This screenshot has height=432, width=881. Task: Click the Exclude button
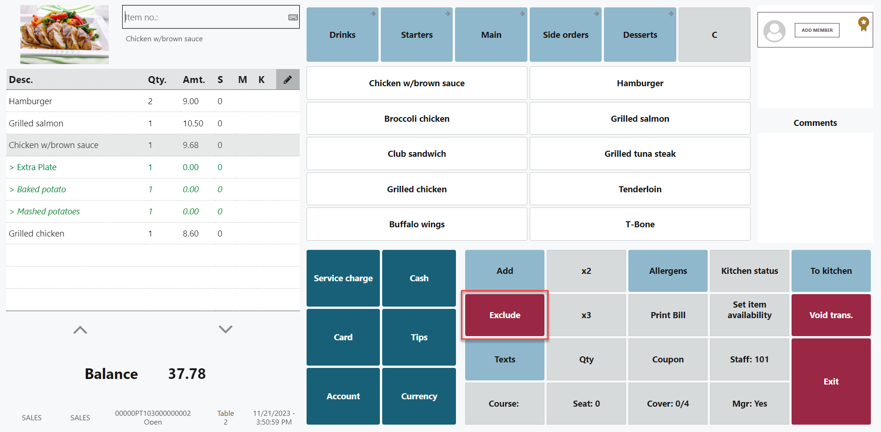tap(505, 315)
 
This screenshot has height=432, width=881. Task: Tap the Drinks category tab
tap(342, 35)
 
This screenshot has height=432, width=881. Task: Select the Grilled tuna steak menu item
tap(640, 154)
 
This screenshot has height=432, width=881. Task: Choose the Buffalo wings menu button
tap(417, 225)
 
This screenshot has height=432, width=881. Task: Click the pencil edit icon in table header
tap(288, 80)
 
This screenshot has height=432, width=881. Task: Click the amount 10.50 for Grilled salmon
tap(193, 124)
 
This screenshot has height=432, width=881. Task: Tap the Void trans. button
tap(831, 315)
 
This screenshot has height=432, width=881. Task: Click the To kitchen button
tap(831, 271)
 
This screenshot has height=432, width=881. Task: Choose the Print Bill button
tap(668, 315)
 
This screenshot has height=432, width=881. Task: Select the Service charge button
tap(343, 278)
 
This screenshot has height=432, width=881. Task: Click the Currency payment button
tap(419, 396)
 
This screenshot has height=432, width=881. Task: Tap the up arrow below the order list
tap(80, 330)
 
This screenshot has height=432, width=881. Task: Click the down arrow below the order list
tap(225, 329)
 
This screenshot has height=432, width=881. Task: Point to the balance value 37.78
tap(187, 374)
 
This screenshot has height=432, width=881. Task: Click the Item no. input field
tap(205, 18)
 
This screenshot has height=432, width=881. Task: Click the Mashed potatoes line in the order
tap(48, 212)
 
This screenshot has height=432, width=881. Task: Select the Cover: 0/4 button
tap(668, 404)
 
